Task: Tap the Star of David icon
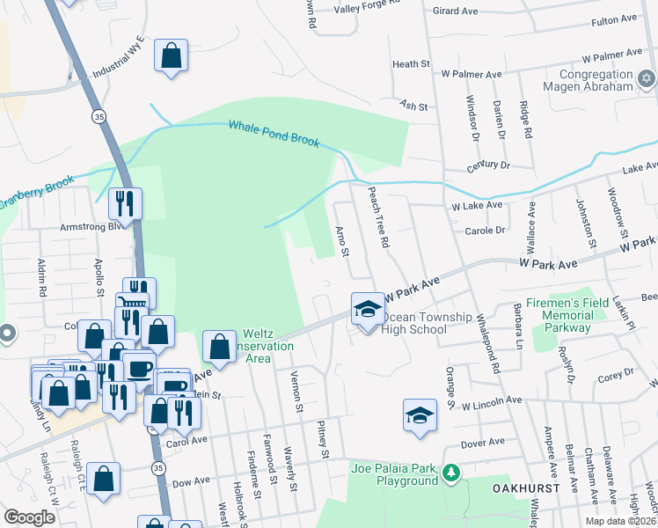[x=647, y=80]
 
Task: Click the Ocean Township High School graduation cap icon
[x=368, y=308]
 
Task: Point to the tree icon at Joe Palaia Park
[x=451, y=474]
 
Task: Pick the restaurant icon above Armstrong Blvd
[x=125, y=204]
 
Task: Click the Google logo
[x=29, y=517]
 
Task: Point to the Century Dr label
[x=490, y=165]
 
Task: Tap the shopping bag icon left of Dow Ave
[x=104, y=479]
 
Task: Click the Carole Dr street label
[x=487, y=231]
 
